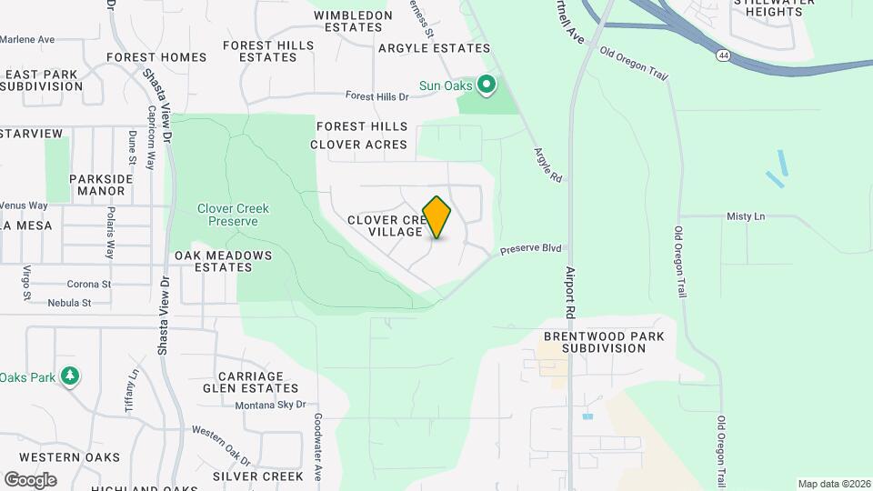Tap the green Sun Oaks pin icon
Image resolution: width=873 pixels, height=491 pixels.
click(487, 86)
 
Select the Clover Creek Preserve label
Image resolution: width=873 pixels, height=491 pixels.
click(234, 215)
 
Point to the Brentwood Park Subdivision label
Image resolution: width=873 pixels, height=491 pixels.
click(604, 342)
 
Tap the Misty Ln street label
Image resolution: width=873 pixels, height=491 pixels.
click(746, 216)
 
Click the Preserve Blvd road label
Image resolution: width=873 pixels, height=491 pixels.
click(531, 248)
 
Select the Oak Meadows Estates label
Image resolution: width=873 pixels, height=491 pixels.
click(224, 261)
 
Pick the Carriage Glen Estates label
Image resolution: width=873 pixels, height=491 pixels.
click(250, 382)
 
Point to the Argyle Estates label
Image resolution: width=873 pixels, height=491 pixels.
click(422, 47)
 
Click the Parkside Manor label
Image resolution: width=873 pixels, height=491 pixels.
click(101, 185)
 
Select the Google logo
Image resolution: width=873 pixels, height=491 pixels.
click(30, 480)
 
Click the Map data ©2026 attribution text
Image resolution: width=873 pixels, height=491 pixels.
click(834, 484)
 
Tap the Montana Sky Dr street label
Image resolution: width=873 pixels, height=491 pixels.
click(270, 405)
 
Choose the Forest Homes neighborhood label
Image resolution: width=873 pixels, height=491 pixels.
click(156, 57)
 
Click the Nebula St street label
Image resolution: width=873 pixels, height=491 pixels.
click(70, 303)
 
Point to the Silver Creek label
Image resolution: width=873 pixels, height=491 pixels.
click(258, 476)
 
